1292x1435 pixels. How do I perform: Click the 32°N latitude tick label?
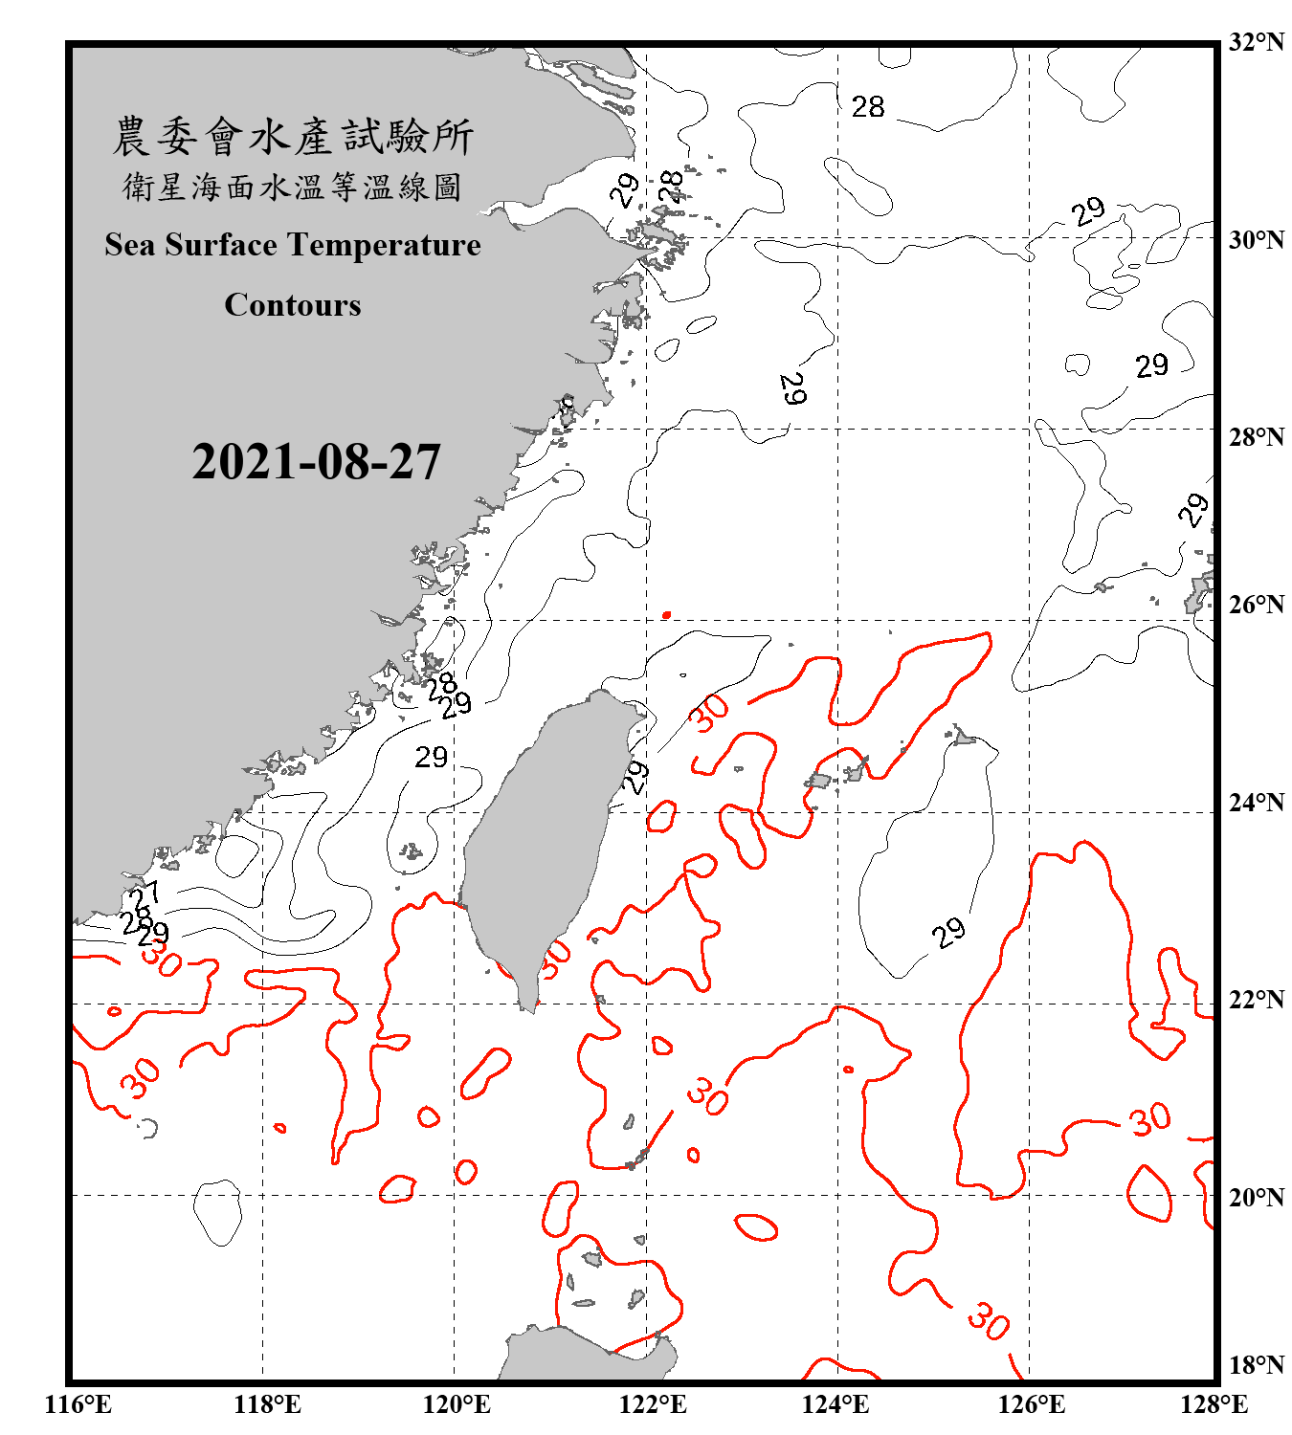1256,42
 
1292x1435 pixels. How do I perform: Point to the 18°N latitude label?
1256,1365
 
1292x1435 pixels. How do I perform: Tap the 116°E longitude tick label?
78,1404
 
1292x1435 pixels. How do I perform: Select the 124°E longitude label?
835,1404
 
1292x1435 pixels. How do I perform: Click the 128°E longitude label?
1214,1404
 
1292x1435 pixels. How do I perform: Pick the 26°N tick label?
1256,605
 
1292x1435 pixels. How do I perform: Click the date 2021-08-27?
316,462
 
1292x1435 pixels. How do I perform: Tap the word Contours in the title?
293,305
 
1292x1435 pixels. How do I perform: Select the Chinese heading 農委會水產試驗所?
293,137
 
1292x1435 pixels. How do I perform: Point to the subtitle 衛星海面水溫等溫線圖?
293,187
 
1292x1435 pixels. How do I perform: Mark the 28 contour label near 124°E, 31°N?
868,106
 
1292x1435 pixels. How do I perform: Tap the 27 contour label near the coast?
145,897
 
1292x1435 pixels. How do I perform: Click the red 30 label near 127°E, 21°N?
1149,1118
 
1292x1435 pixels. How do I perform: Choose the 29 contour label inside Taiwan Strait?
431,758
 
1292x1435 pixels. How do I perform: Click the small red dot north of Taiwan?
666,615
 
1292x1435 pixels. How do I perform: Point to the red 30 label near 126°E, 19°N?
988,1322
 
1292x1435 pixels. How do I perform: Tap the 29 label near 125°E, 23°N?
948,932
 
